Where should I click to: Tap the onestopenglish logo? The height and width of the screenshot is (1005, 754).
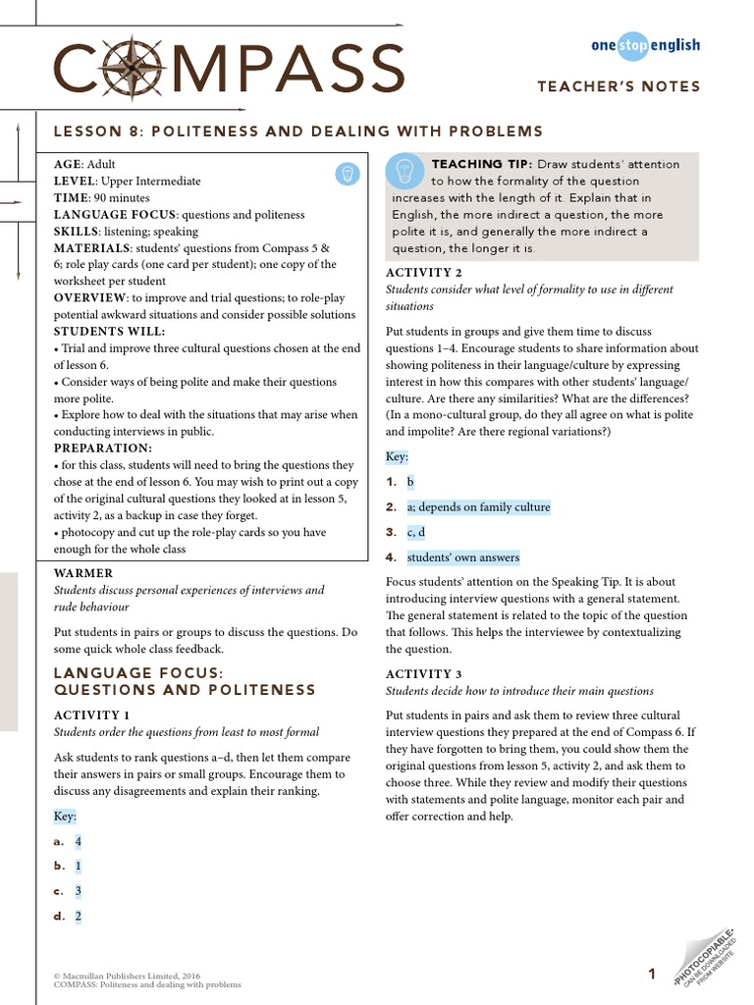pos(645,45)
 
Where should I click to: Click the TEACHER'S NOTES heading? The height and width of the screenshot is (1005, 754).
pos(619,86)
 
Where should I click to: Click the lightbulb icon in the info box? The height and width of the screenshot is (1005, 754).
pos(346,173)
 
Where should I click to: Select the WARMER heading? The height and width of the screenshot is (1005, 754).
pos(83,573)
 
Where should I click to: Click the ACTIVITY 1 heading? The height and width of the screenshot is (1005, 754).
pos(91,715)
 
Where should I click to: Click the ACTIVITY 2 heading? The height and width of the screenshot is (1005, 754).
pos(423,272)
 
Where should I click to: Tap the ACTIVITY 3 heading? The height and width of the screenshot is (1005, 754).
pos(423,674)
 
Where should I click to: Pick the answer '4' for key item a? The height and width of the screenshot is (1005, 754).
pos(79,841)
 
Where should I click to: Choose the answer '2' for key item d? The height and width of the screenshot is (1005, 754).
pos(79,916)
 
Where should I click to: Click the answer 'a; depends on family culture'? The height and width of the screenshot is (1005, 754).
pos(478,507)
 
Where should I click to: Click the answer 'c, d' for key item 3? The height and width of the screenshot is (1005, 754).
pos(416,532)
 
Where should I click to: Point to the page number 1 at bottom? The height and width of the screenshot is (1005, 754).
pos(652,974)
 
